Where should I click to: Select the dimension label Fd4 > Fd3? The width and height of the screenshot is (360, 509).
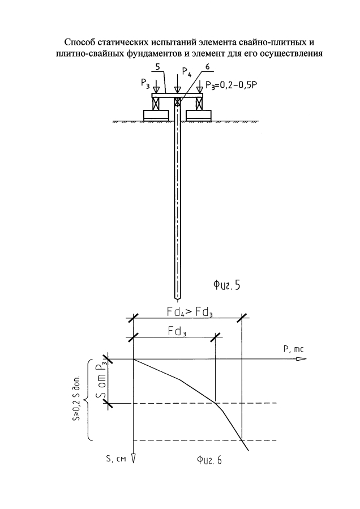[x=187, y=312]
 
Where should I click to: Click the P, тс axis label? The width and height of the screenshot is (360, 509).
[x=293, y=349]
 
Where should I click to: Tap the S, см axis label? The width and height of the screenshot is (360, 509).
[x=116, y=459]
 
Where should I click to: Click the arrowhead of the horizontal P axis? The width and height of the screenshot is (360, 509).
[x=299, y=359]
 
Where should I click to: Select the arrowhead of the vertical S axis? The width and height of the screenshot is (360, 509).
[x=133, y=458]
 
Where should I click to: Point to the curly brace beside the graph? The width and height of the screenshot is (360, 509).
[x=89, y=400]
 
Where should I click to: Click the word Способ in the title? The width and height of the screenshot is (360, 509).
[x=80, y=42]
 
